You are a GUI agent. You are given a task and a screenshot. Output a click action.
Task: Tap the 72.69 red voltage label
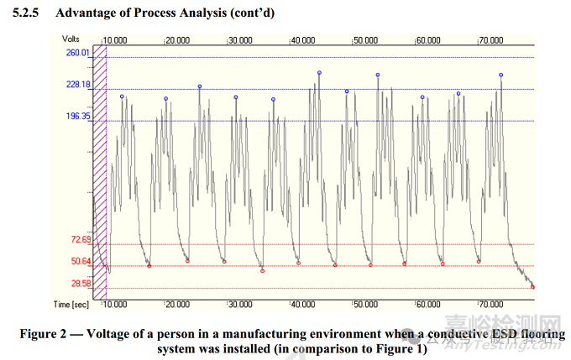coord(81,240)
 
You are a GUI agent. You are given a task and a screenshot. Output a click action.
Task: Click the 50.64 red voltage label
coord(81,261)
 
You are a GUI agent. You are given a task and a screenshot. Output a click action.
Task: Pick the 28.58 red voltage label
coord(81,284)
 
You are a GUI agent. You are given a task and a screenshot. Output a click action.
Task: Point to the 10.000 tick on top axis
coord(114,39)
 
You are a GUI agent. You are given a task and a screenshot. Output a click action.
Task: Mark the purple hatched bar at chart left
coord(98,168)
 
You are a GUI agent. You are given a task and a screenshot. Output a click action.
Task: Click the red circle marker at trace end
coord(532,287)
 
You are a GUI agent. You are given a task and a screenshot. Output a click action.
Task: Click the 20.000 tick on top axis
coord(177,39)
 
